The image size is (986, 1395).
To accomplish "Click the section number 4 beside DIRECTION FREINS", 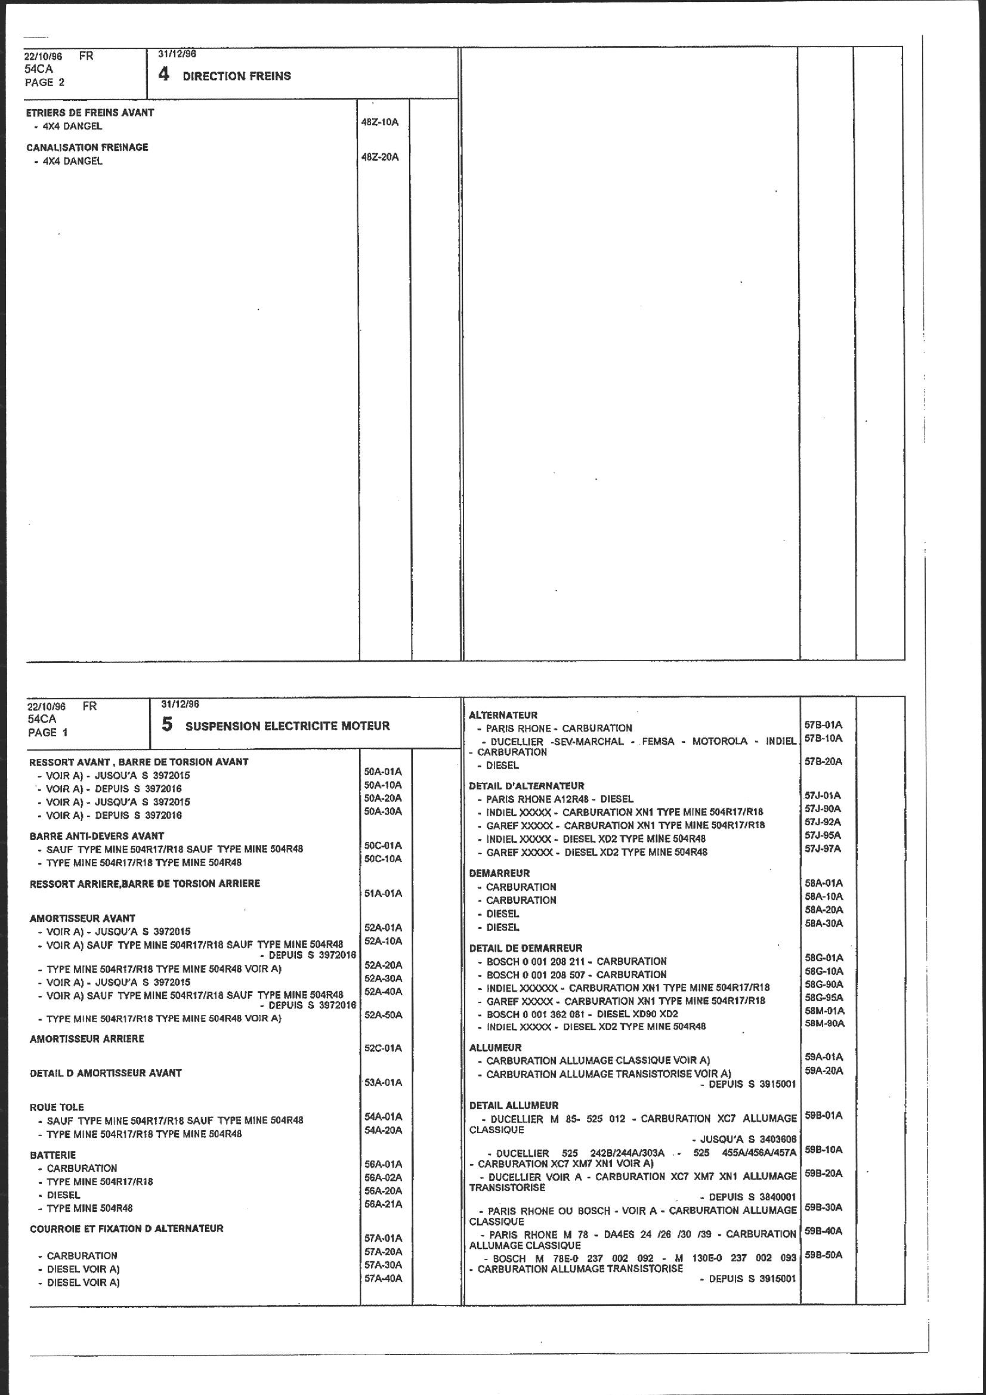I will click(x=163, y=75).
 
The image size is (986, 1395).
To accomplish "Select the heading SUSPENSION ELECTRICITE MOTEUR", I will click(x=288, y=726).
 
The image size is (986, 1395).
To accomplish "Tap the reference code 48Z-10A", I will click(x=380, y=122).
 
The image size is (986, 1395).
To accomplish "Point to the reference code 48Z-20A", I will click(x=380, y=157).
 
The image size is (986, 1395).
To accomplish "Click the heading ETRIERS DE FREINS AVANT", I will click(x=90, y=112).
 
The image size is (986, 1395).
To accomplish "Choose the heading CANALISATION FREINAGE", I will click(x=87, y=147).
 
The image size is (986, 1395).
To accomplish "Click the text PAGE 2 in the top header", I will click(x=44, y=82).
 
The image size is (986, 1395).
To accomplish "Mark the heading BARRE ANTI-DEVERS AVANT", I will click(x=97, y=836).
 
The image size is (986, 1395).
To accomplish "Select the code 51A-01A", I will click(x=383, y=893).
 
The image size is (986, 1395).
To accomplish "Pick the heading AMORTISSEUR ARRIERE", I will click(x=87, y=1039).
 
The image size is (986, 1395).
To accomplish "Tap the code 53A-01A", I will click(x=383, y=1082).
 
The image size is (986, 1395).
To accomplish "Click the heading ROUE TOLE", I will click(x=57, y=1107).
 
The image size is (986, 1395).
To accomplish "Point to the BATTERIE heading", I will click(x=53, y=1155).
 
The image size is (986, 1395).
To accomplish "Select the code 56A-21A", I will click(x=383, y=1204).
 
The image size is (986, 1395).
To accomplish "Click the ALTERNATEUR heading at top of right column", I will click(x=503, y=715).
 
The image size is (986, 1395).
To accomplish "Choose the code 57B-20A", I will click(x=823, y=761).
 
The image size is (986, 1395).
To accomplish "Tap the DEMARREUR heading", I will click(x=499, y=873).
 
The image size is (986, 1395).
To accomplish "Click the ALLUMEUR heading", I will click(x=495, y=1048).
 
